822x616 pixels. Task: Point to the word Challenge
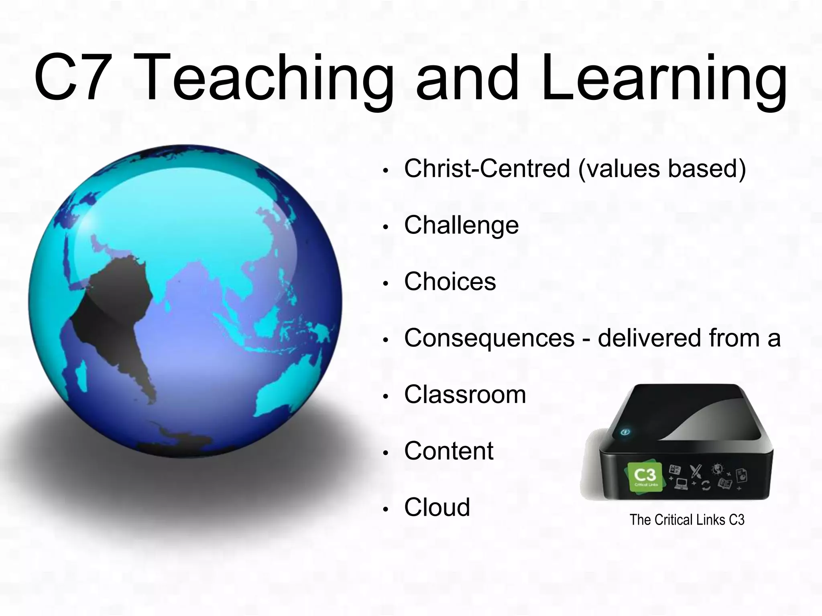(461, 225)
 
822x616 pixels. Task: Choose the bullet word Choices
(450, 282)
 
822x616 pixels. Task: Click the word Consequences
(489, 338)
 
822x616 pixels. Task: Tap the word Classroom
(465, 395)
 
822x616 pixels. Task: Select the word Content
(449, 451)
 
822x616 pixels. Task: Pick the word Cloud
(437, 507)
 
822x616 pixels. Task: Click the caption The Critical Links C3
(687, 520)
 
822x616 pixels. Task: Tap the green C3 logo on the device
(645, 478)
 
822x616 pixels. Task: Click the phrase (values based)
(662, 169)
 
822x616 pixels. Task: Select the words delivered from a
(689, 338)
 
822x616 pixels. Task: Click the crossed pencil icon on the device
(695, 472)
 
